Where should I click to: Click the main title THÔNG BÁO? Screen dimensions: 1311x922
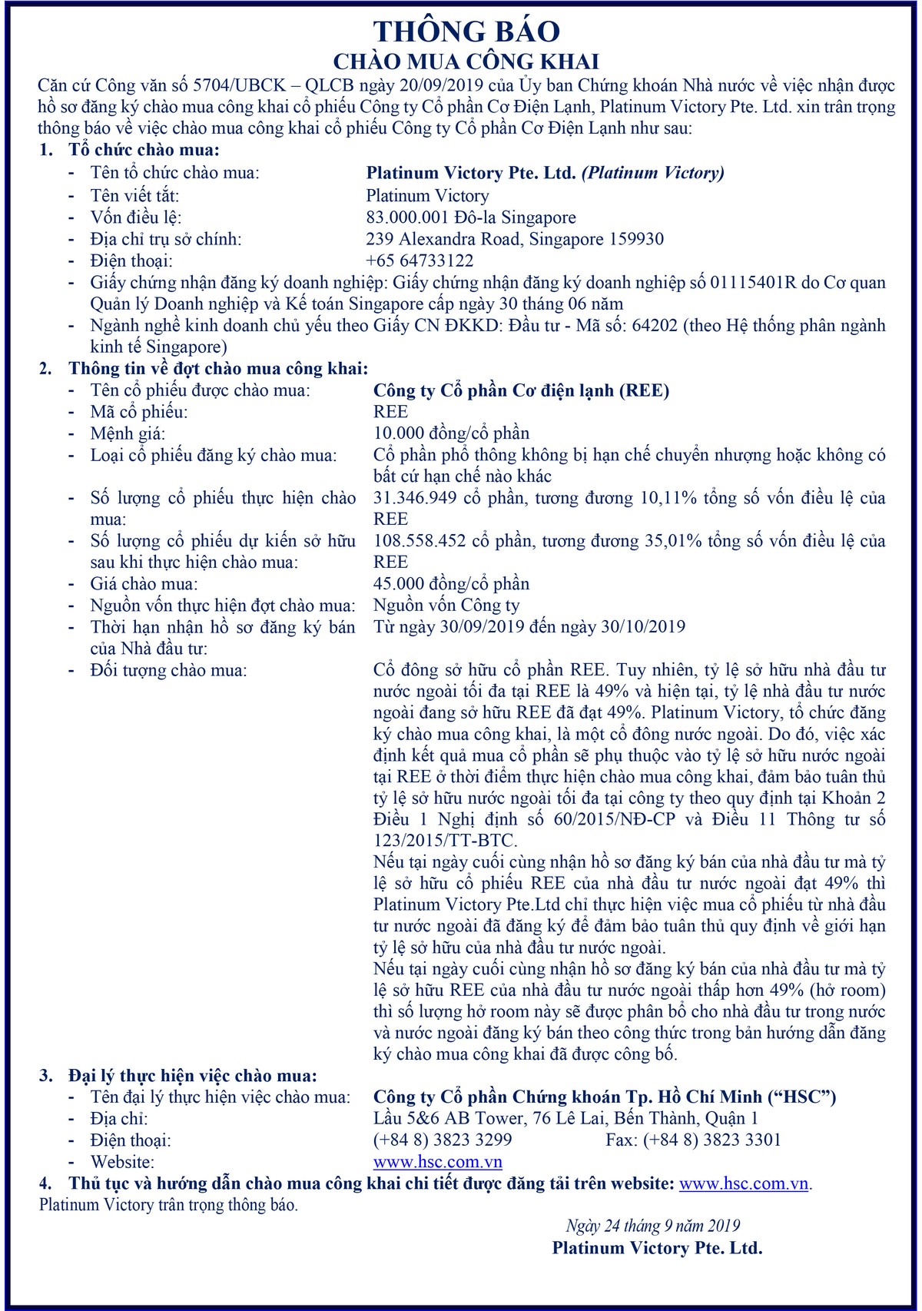(466, 32)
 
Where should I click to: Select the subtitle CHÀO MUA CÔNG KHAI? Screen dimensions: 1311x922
(466, 61)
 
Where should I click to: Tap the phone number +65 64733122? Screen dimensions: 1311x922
(420, 261)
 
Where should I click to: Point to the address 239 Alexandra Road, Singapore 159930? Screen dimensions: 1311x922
(515, 239)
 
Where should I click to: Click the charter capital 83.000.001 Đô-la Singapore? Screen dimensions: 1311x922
(471, 217)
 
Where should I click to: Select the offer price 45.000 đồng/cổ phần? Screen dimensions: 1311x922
(451, 583)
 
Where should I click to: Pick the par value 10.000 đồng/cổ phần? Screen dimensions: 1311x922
(451, 433)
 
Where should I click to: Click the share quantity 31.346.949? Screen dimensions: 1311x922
(415, 498)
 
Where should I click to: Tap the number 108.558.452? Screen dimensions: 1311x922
(420, 541)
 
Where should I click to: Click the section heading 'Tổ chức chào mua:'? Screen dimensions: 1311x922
(144, 150)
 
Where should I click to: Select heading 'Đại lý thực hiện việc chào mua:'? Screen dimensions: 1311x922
(192, 1075)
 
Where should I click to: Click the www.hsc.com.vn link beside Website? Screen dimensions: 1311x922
(438, 1162)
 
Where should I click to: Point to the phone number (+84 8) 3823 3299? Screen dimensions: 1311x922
(443, 1140)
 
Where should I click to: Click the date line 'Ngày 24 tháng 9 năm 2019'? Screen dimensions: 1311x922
(653, 1226)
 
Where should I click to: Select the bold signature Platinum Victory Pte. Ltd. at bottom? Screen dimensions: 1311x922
(657, 1248)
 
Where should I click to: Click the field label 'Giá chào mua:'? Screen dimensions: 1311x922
(144, 584)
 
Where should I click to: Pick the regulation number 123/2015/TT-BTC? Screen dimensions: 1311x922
(445, 840)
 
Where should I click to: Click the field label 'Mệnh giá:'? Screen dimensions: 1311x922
(128, 433)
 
